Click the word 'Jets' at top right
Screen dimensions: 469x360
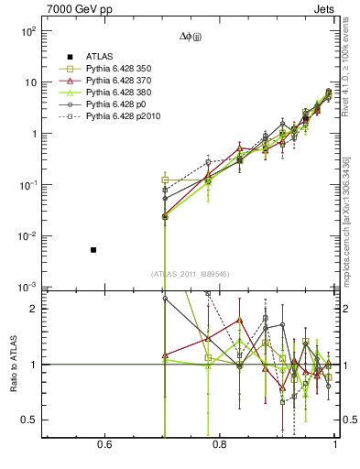(x=326, y=8)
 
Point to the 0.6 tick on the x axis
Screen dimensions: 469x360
(x=104, y=445)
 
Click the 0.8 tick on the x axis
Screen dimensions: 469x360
(x=220, y=445)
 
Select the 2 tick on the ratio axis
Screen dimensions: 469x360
(x=33, y=309)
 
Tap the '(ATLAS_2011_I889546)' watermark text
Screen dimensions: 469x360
(x=191, y=273)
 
